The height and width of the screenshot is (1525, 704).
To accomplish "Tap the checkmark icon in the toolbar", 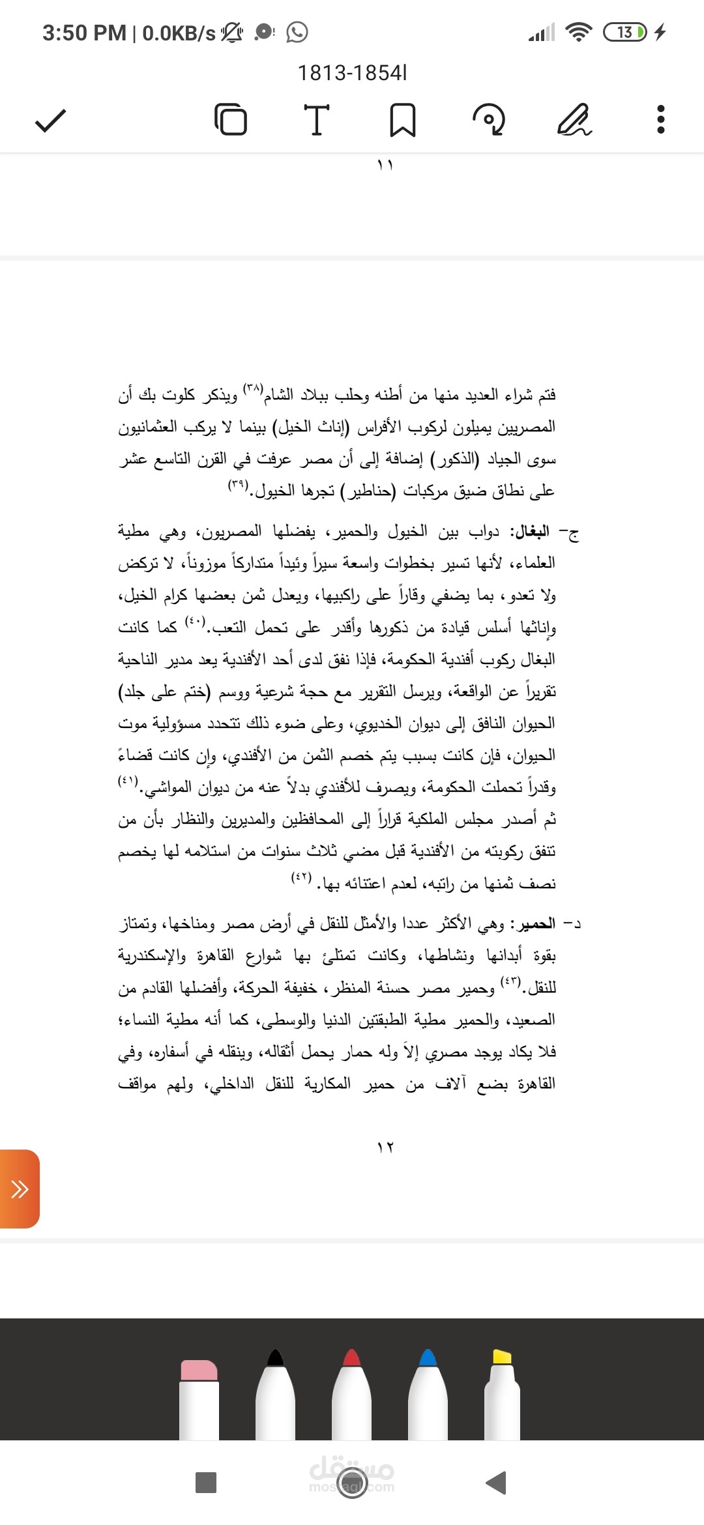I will [x=50, y=121].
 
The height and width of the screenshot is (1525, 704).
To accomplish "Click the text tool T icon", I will [x=317, y=120].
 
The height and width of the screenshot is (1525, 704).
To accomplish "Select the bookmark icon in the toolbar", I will [x=402, y=120].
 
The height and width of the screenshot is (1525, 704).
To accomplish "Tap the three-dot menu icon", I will [x=660, y=120].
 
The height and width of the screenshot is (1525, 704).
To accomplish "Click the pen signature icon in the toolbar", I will [x=574, y=120].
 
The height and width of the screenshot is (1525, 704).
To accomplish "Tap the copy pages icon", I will [x=231, y=120].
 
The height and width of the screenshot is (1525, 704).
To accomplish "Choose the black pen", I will [x=276, y=1395].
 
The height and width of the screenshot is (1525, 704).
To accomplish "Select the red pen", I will [x=352, y=1395].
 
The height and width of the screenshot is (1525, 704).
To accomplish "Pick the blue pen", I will [x=428, y=1395].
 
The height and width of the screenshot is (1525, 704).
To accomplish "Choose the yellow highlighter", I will [x=503, y=1395].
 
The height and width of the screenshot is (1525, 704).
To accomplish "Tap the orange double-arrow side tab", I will [x=20, y=1189].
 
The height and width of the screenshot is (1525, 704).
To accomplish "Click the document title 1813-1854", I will [x=352, y=73].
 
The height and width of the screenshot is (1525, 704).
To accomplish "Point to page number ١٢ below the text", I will [x=385, y=1148].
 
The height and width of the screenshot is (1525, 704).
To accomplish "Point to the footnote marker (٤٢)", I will [x=301, y=877].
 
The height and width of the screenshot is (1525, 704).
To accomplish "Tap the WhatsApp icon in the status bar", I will [x=297, y=32].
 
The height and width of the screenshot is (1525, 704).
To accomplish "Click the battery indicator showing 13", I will [x=624, y=32].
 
